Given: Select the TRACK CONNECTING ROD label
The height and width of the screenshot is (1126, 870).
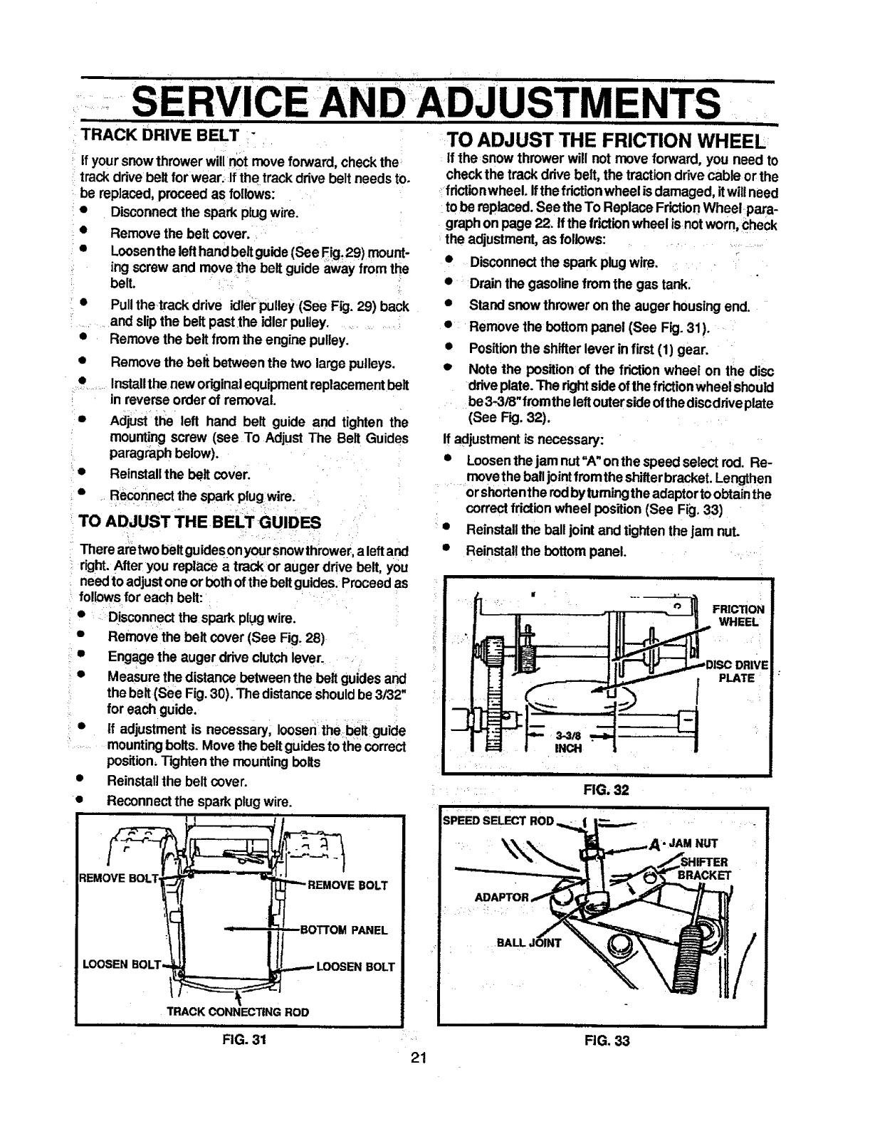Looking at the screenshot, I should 238,1011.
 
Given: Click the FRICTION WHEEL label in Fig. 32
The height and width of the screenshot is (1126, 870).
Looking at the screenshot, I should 740,615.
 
